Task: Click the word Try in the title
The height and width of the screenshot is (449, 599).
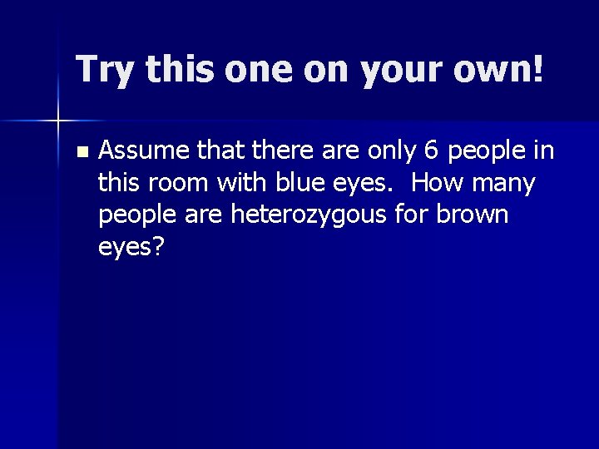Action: coord(103,70)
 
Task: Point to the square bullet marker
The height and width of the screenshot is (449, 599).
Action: coord(80,151)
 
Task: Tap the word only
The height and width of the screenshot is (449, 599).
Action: coord(385,150)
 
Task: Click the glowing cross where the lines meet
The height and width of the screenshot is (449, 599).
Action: coord(59,121)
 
